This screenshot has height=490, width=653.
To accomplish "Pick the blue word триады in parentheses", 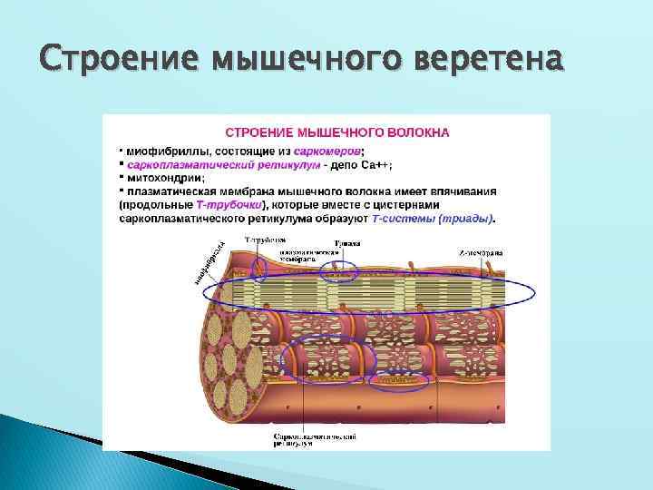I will point(473,219).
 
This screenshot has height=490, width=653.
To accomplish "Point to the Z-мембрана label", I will point(481,251).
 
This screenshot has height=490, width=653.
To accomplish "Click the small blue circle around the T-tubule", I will point(259,266).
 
